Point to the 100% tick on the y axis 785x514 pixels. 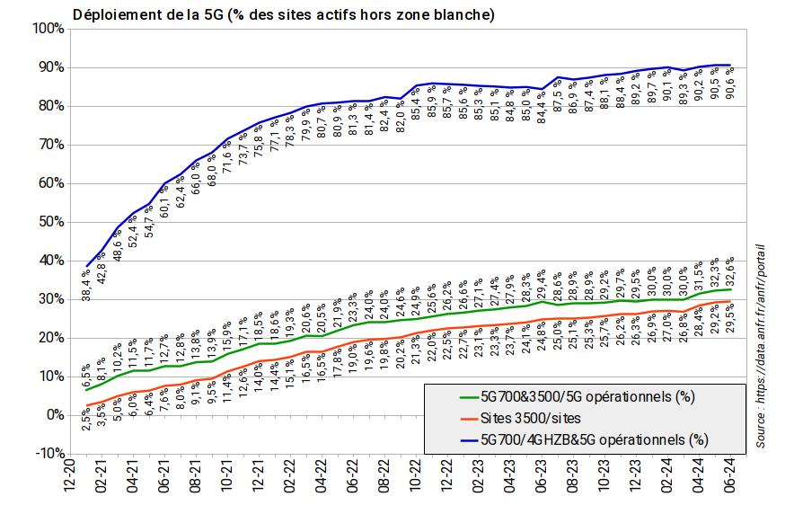[x=46, y=29]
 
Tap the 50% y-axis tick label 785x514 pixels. [x=49, y=222]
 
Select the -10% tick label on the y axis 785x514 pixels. [x=46, y=453]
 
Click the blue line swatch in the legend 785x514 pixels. [x=452, y=439]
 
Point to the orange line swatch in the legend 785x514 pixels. [x=452, y=418]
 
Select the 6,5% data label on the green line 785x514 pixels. [x=86, y=373]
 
